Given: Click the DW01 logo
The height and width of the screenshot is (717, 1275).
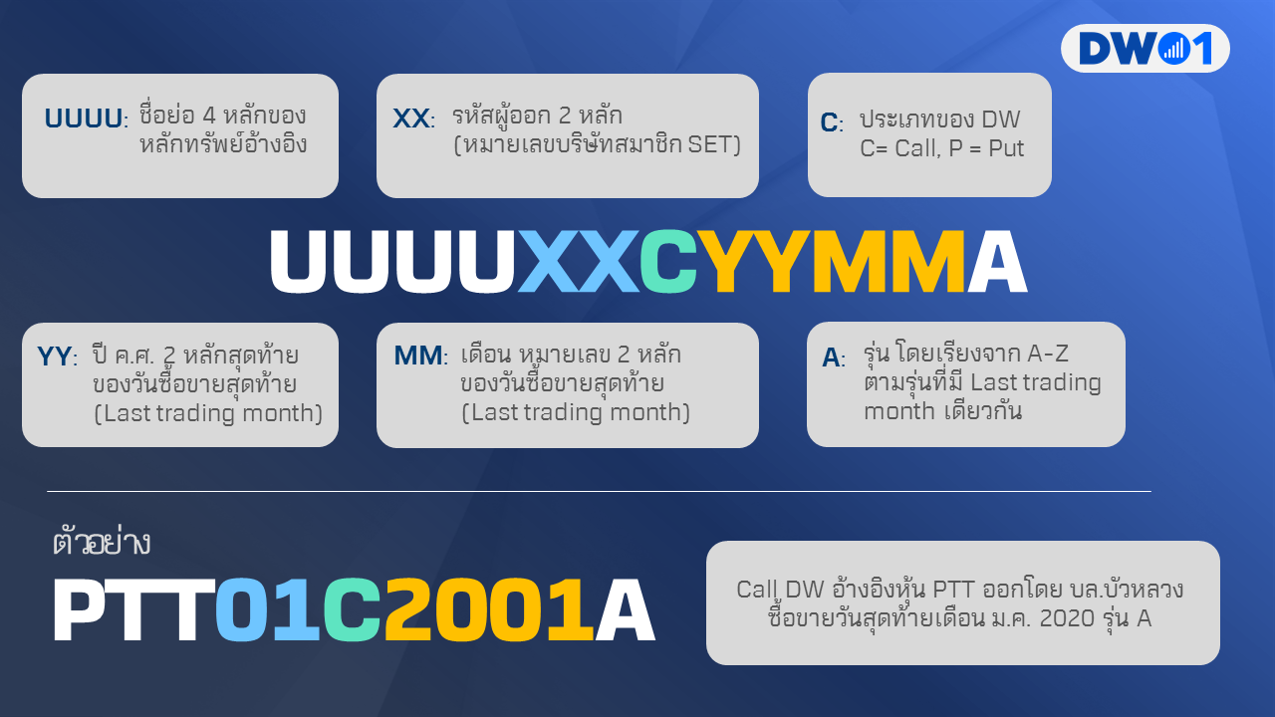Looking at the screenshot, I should (1145, 49).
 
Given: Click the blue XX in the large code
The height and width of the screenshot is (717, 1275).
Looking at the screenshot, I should (578, 262).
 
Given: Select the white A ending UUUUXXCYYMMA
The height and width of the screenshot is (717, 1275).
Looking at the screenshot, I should (997, 262).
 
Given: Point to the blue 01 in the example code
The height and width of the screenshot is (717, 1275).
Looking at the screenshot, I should (268, 609).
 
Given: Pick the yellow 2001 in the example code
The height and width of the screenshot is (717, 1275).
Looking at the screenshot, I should (488, 609).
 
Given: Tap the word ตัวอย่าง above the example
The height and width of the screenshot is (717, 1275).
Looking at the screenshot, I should (102, 543).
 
